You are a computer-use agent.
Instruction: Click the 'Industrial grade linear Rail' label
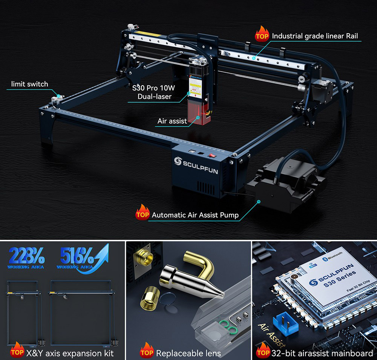(315, 36)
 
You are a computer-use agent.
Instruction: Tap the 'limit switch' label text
(29, 84)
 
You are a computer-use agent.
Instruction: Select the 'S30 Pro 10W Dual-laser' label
(154, 93)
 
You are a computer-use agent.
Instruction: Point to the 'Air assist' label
(172, 121)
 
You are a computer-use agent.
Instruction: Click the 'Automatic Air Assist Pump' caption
(195, 215)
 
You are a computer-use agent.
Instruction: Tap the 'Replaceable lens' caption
(188, 353)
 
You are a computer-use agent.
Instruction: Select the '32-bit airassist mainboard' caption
(322, 353)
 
